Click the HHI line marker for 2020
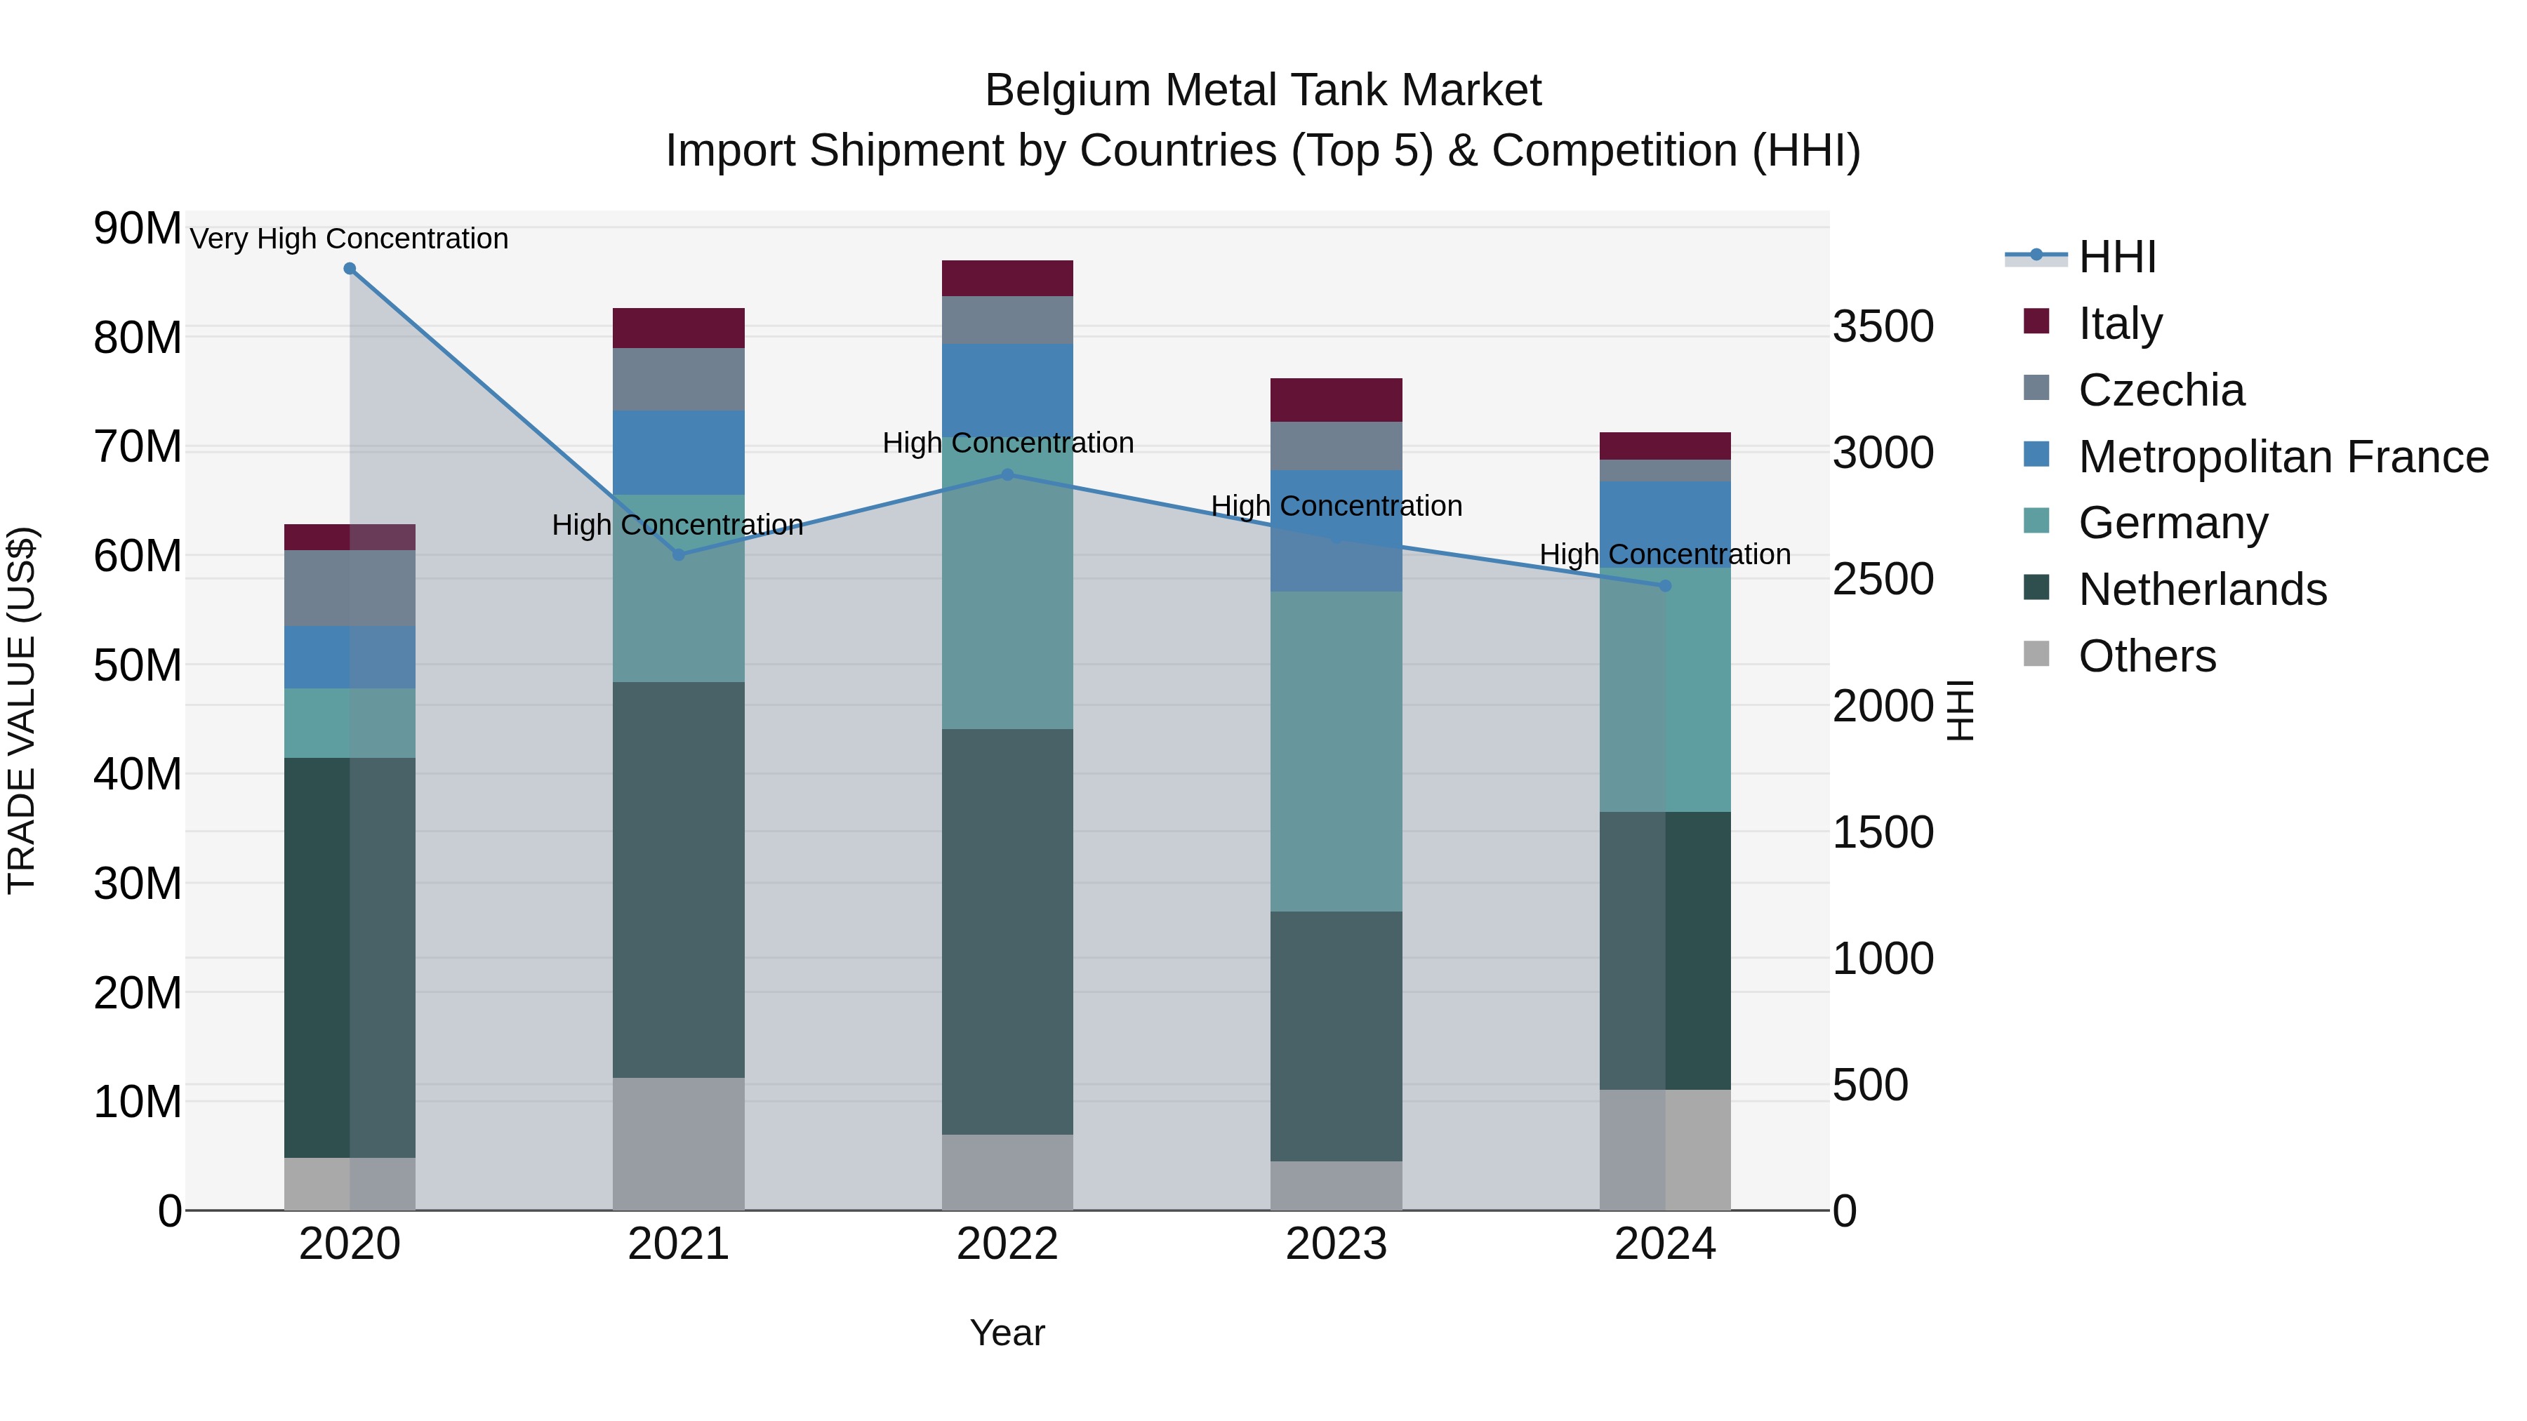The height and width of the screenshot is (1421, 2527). click(x=350, y=269)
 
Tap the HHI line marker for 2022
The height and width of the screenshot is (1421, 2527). click(x=1007, y=474)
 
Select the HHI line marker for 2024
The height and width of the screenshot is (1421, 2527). click(x=1665, y=585)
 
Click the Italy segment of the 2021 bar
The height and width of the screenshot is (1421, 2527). click(x=679, y=328)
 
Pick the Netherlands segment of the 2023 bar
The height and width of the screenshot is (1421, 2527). click(x=1336, y=1036)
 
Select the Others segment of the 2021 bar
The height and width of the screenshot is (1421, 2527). click(x=679, y=1144)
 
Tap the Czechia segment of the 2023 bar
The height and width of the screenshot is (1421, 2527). click(x=1336, y=446)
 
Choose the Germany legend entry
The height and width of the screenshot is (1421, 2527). click(x=2173, y=523)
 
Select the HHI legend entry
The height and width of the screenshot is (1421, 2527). click(x=2117, y=257)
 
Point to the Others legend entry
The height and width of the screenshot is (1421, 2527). click(x=2147, y=656)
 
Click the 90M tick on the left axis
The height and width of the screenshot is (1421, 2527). click(x=138, y=229)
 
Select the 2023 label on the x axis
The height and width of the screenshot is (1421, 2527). click(x=1336, y=1244)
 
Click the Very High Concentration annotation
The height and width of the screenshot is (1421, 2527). click(x=350, y=239)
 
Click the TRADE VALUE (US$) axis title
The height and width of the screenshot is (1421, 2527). click(x=22, y=710)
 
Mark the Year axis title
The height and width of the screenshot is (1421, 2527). click(x=1007, y=1333)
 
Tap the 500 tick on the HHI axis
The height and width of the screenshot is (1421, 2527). click(x=1870, y=1085)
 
